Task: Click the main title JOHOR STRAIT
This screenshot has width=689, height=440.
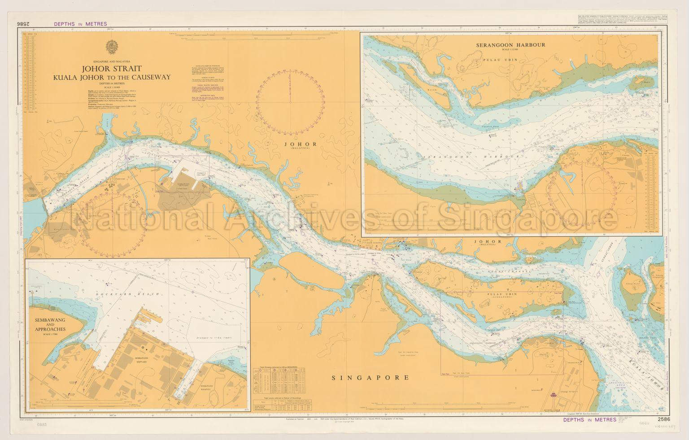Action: [111, 69]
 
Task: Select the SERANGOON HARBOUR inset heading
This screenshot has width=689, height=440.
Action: [511, 45]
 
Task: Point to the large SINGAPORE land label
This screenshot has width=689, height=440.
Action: [370, 378]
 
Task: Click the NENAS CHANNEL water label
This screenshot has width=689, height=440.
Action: [507, 271]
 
